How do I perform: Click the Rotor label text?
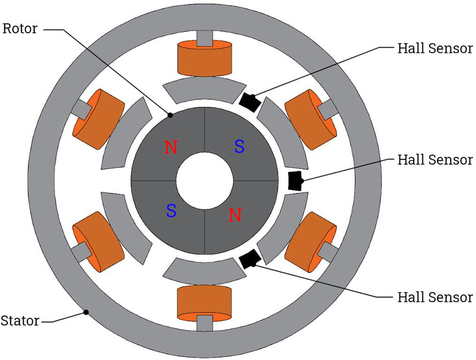pos(20,29)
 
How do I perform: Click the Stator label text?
pos(20,320)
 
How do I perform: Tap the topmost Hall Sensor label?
pos(435,48)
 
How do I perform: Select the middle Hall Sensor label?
pos(435,160)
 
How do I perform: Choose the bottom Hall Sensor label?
pos(435,297)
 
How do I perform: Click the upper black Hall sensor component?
pos(248,101)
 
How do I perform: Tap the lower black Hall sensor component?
pos(249,259)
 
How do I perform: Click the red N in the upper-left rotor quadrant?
pos(171,148)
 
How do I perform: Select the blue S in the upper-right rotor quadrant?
pos(239,147)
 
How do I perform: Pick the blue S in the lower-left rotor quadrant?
pos(171,210)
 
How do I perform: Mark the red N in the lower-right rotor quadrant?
pos(235,215)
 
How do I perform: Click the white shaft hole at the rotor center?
pos(204,181)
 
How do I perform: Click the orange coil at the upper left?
pos(98,119)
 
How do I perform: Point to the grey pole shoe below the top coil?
pos(204,90)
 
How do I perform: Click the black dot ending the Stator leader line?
pos(86,312)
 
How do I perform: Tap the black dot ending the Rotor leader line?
pos(170,114)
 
